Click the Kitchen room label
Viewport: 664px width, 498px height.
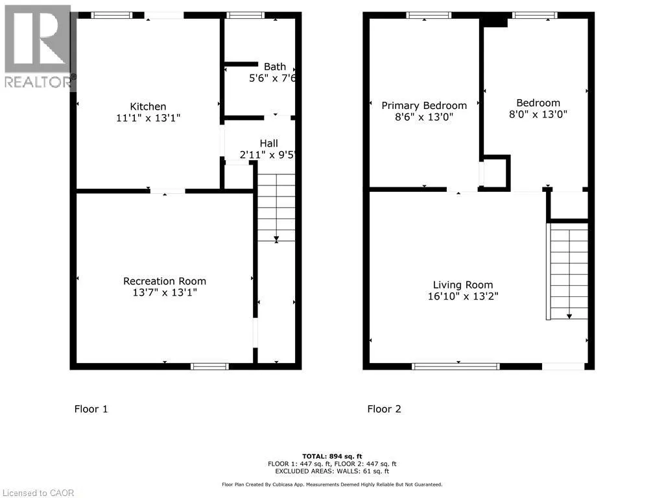coord(148,106)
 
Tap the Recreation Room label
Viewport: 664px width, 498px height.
coord(165,281)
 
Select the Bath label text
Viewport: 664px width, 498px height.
coord(275,67)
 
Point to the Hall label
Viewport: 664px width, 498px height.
coord(269,143)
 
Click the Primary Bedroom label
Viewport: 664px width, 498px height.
coord(424,106)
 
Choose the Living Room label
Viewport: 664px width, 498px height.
coord(463,285)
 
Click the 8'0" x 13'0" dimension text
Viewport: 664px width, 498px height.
coord(538,114)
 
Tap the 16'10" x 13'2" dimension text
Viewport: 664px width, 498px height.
coord(463,296)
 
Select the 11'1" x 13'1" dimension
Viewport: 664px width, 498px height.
coord(148,118)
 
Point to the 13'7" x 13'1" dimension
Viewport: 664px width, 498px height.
coord(165,292)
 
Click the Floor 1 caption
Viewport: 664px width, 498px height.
coord(91,409)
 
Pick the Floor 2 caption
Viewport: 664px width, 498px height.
coord(384,409)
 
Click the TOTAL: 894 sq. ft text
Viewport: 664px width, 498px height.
coord(332,456)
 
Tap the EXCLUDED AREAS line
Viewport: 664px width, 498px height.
coord(332,471)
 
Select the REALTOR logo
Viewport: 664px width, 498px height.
coord(38,47)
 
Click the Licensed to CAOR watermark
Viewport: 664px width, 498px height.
coord(38,493)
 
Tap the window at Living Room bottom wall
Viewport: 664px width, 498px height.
coord(456,366)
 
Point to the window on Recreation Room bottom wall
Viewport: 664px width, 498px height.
coord(209,366)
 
